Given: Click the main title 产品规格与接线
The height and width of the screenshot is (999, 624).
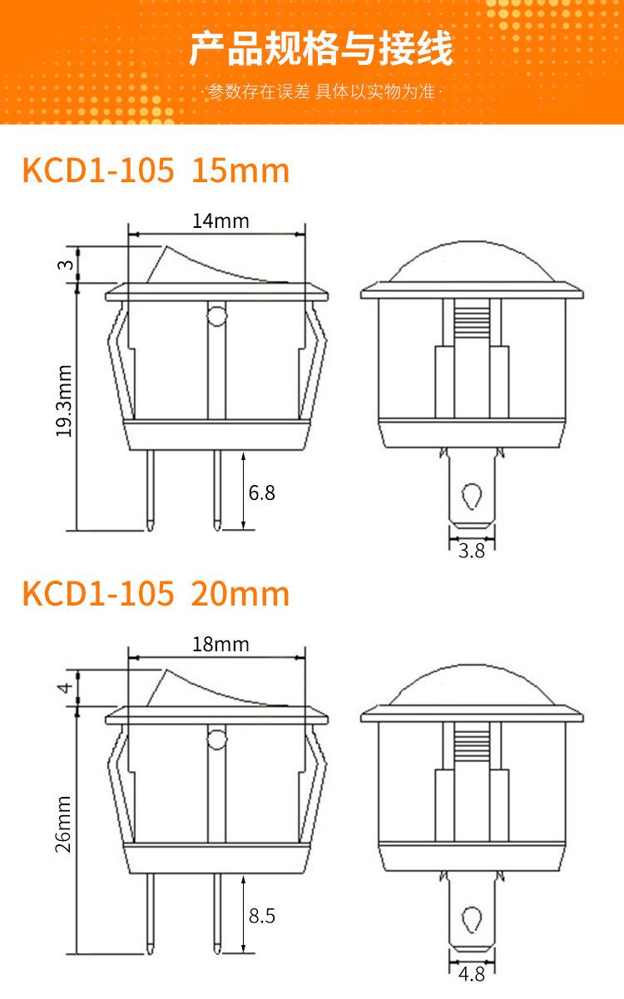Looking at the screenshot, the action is point(321,48).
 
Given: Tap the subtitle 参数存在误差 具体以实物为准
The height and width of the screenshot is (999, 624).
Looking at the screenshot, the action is point(321,91).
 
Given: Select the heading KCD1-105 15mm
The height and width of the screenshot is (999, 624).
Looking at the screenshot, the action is point(156,171).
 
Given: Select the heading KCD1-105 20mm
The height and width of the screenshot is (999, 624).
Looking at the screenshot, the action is point(156,594).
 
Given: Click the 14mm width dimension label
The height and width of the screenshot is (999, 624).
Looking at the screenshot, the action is point(220,221).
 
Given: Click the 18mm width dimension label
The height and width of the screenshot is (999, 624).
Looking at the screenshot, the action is point(220,645).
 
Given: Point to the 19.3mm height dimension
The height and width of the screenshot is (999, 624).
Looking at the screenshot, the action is point(64,401).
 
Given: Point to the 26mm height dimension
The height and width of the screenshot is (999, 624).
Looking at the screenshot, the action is point(64,823).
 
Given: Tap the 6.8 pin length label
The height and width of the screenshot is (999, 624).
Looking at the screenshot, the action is point(262,492).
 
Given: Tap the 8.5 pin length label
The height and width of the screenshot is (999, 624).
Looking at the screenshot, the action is point(262,916).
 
